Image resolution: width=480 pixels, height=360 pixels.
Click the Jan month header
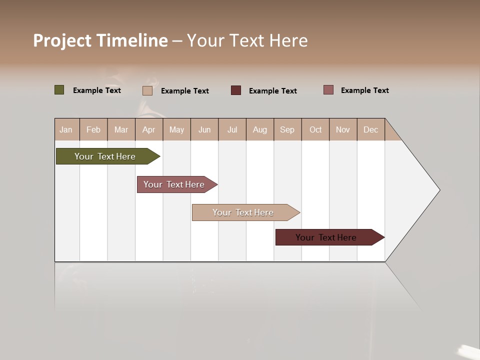(x=66, y=129)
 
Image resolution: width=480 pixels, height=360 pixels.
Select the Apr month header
(x=148, y=129)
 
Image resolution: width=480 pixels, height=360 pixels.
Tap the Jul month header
(x=232, y=129)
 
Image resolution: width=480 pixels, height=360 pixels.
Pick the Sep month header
(x=287, y=129)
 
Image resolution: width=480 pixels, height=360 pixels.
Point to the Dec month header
(x=370, y=129)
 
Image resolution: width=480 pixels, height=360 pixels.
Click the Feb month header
(x=93, y=129)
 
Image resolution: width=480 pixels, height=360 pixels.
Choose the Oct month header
(x=315, y=129)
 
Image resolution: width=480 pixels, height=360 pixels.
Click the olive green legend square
(x=59, y=90)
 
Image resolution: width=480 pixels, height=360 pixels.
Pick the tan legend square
(x=147, y=90)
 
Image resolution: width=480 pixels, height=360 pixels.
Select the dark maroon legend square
(x=236, y=90)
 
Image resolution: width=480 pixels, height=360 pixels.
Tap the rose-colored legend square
(x=328, y=90)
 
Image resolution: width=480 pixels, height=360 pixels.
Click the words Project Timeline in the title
(x=100, y=40)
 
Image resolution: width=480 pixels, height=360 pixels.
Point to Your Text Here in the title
(x=247, y=40)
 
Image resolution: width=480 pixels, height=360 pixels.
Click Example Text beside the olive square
(x=97, y=90)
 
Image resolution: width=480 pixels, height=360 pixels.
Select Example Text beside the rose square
(x=365, y=90)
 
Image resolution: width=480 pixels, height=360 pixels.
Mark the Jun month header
(x=204, y=129)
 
